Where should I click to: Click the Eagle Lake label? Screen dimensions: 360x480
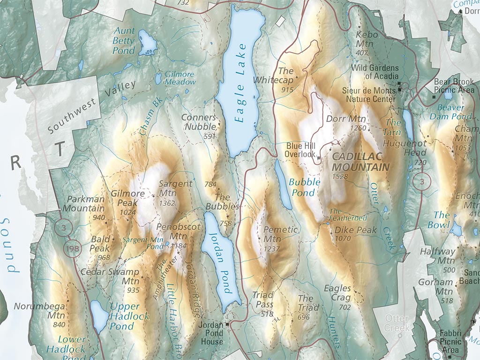240,83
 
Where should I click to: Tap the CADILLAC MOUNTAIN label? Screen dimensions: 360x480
360,162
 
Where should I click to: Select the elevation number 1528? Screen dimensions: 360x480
341,177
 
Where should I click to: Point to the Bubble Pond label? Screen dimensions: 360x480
305,187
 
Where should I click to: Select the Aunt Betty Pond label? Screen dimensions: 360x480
124,40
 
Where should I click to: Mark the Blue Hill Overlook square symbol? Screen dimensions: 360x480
319,158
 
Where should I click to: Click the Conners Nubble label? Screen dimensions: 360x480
200,122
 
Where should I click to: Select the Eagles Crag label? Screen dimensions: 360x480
337,293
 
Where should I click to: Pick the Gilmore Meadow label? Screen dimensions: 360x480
179,78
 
